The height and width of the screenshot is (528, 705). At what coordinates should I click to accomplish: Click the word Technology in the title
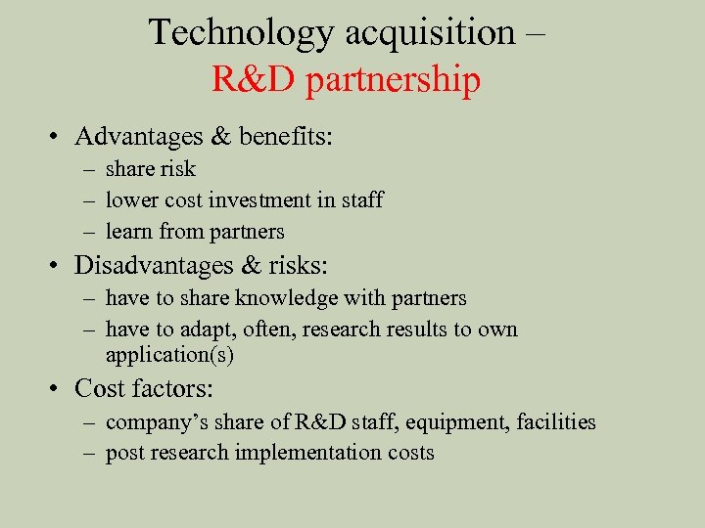(x=241, y=32)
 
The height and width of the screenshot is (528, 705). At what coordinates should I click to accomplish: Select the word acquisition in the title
(x=430, y=32)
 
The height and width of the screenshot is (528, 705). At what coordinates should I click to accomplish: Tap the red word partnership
(x=393, y=80)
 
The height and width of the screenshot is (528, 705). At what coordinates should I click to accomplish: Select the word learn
(x=128, y=232)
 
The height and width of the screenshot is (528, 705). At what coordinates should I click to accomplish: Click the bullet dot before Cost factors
(x=59, y=389)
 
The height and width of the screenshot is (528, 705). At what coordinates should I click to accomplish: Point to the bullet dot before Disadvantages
(x=59, y=266)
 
